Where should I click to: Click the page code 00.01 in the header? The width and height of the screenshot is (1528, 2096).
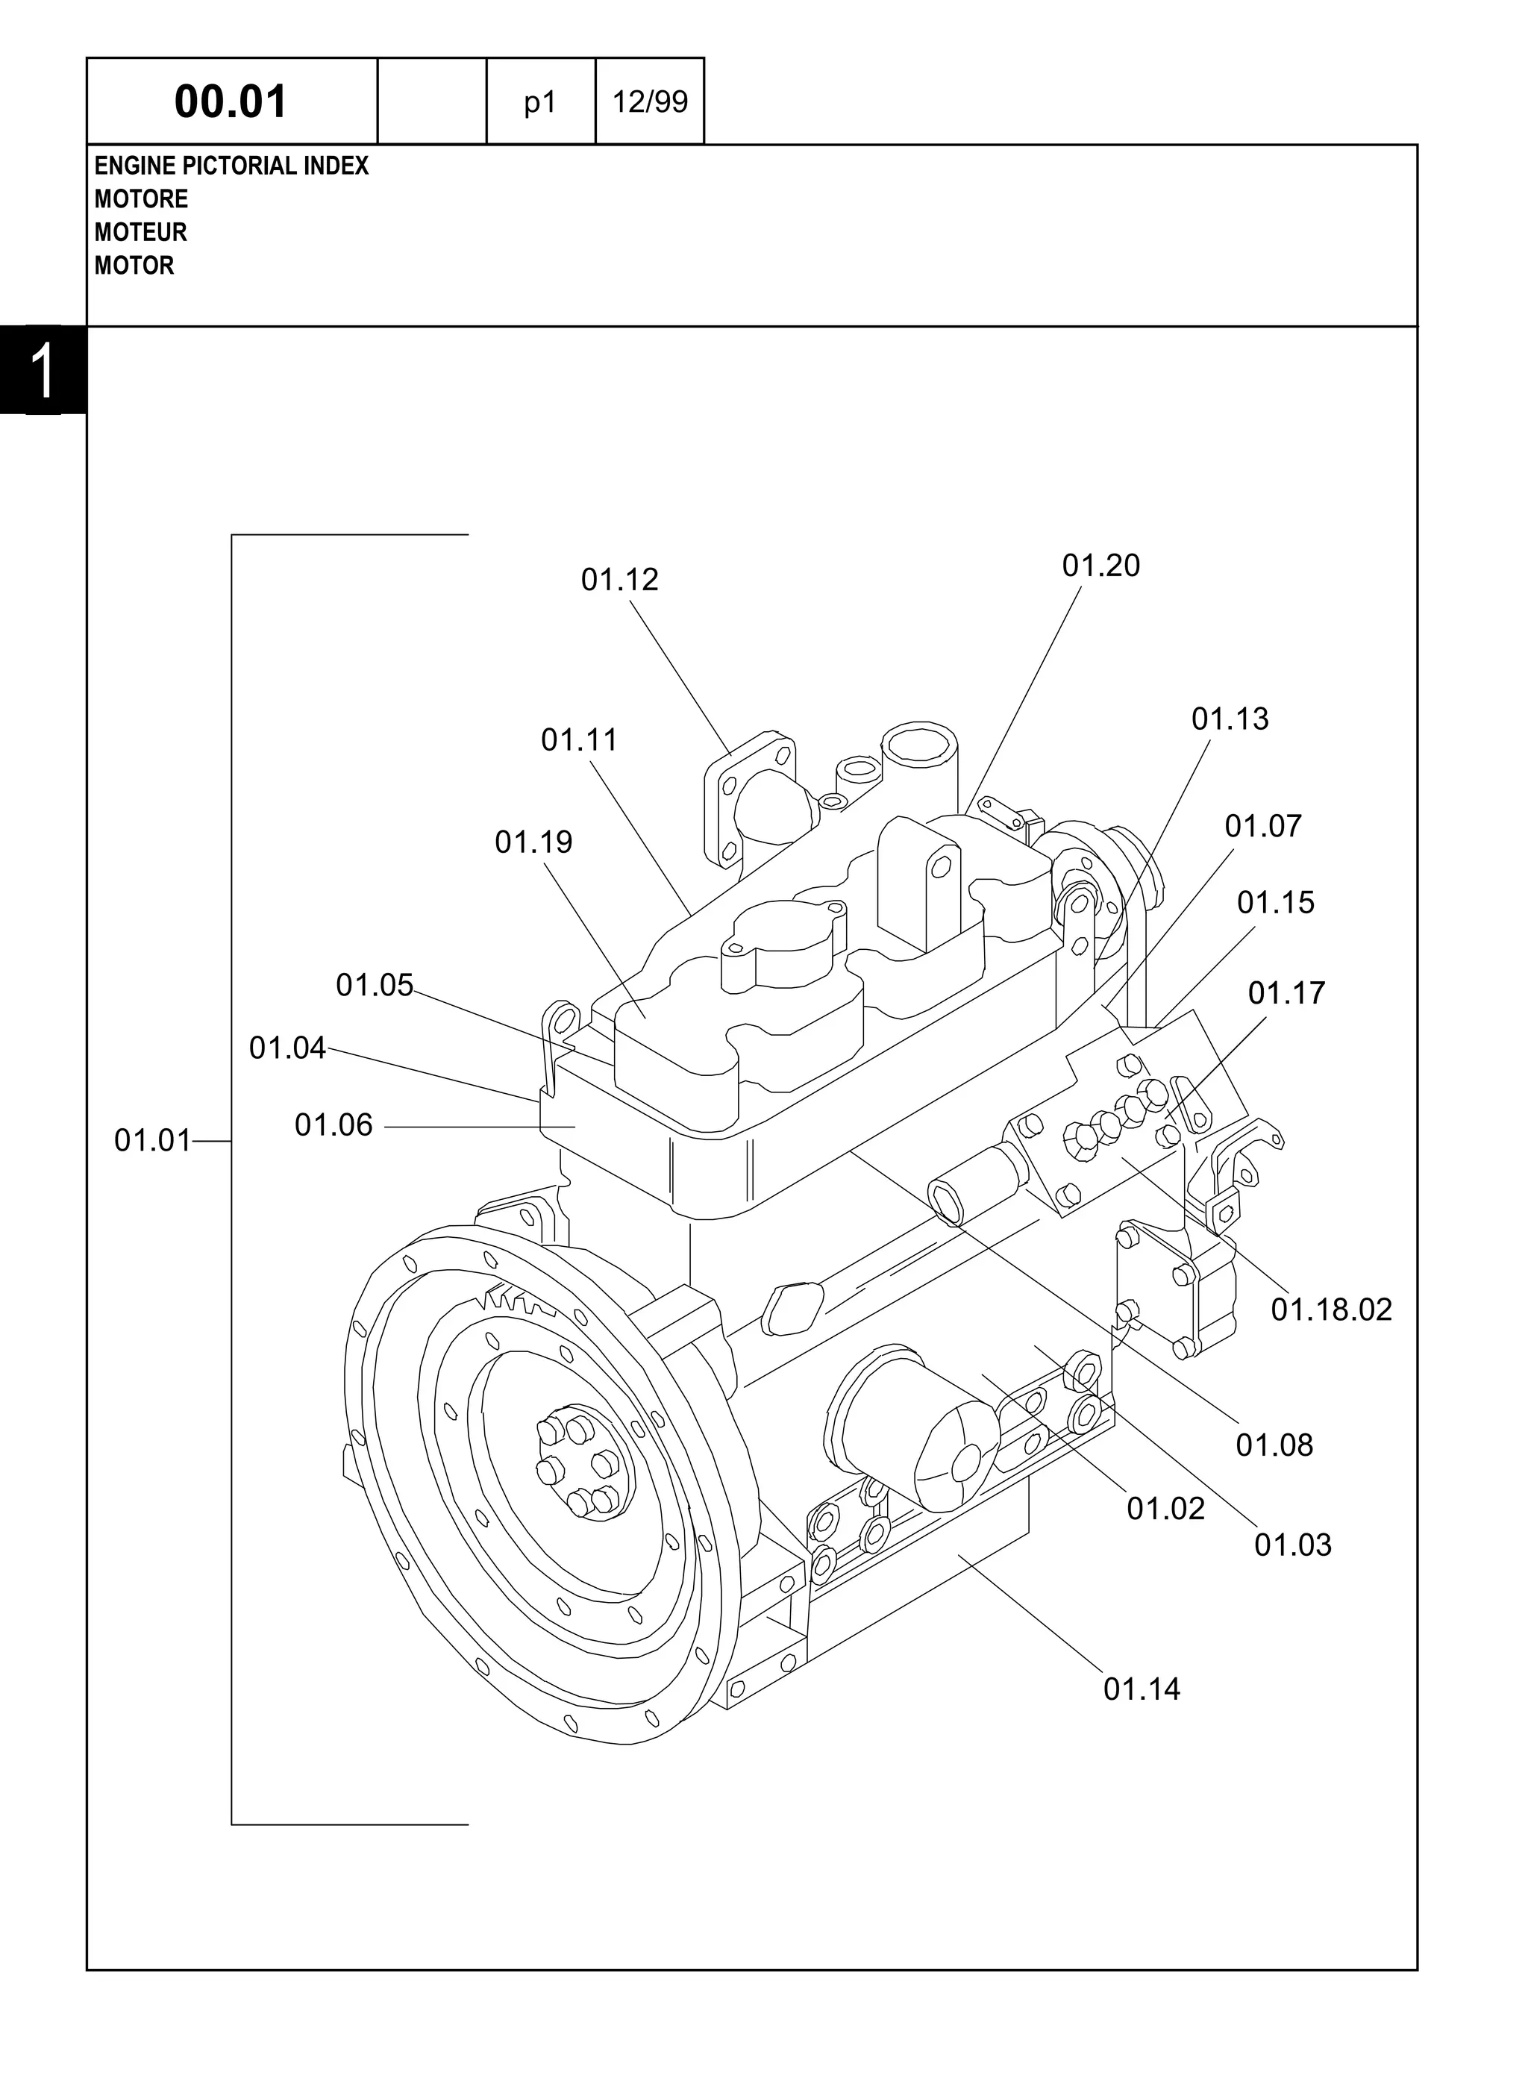(231, 101)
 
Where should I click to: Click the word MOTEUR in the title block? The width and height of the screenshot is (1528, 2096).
(140, 232)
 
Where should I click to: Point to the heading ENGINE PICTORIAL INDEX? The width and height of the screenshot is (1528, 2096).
(231, 166)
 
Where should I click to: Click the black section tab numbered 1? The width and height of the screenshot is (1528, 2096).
(43, 370)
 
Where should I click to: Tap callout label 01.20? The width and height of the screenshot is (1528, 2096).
(1100, 565)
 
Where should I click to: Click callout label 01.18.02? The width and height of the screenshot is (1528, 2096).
(1330, 1310)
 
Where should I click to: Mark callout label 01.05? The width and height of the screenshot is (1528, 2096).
(374, 985)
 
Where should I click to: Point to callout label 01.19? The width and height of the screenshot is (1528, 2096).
(533, 842)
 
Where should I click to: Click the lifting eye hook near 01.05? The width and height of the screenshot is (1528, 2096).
(560, 1019)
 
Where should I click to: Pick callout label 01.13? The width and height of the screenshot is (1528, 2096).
(1230, 719)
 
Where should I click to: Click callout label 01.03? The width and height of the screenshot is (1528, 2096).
(1292, 1545)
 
